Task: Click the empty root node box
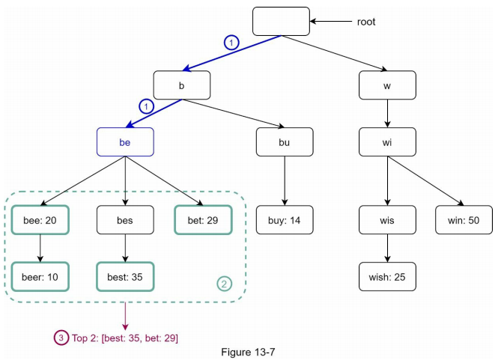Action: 281,21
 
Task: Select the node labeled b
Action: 182,85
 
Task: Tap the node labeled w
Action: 387,85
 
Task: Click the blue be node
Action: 125,141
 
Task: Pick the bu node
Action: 285,141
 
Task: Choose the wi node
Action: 387,141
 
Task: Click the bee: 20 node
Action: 40,219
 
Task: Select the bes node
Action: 125,219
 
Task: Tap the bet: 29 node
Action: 204,219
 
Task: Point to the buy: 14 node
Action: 285,219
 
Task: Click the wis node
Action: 387,219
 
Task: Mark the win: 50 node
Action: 463,219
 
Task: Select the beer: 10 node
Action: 40,276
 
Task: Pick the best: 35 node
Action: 125,276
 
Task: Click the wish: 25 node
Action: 387,276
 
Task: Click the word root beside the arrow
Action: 366,22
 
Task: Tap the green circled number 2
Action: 224,284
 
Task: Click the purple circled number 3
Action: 61,338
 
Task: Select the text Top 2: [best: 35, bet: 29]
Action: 125,338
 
